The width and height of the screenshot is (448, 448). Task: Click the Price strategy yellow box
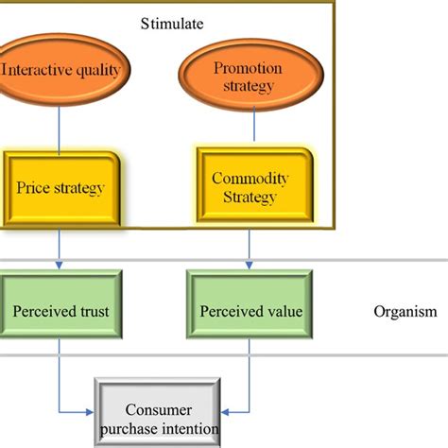click(61, 188)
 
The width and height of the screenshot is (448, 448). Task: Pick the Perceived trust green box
click(60, 311)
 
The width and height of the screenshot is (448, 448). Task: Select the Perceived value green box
click(249, 311)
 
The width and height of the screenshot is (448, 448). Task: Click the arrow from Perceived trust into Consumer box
click(76, 411)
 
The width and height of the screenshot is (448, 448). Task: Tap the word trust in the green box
click(90, 311)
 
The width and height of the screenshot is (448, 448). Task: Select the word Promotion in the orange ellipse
click(249, 68)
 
